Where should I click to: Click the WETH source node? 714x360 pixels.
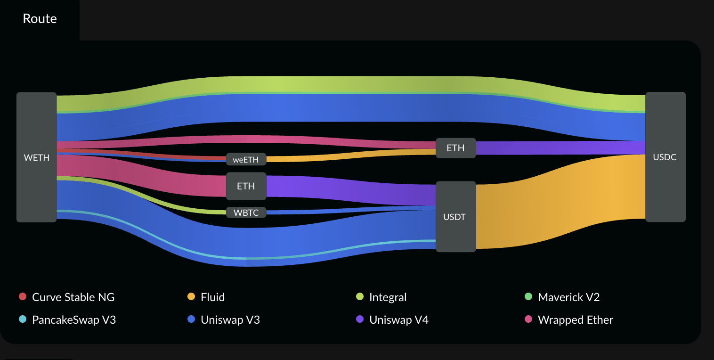point(37,157)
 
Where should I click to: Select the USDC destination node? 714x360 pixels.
point(665,157)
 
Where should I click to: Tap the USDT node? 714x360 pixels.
point(455,217)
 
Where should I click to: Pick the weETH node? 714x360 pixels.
point(246,159)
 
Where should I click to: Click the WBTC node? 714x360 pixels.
point(246,213)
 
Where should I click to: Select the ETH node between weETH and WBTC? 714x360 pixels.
point(246,186)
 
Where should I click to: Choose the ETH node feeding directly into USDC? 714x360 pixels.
point(455,148)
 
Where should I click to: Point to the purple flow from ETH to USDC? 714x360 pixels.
point(560,147)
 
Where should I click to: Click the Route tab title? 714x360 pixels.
point(40,19)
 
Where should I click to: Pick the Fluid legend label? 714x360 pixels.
point(212,297)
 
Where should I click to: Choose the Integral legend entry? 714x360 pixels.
point(388,297)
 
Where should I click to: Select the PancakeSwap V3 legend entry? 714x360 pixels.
point(73,320)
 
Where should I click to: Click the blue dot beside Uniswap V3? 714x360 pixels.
point(191,319)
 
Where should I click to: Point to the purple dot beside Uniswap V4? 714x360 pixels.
point(360,319)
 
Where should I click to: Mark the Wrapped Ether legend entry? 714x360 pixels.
point(575,320)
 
